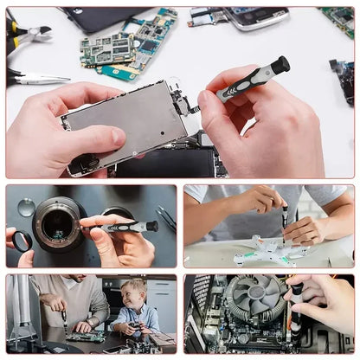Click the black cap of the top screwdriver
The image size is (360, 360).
(280, 65)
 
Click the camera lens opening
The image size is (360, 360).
(59, 224)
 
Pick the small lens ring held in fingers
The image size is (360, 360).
(22, 241)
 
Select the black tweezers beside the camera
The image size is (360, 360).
(165, 218)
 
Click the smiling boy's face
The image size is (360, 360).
(134, 293)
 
